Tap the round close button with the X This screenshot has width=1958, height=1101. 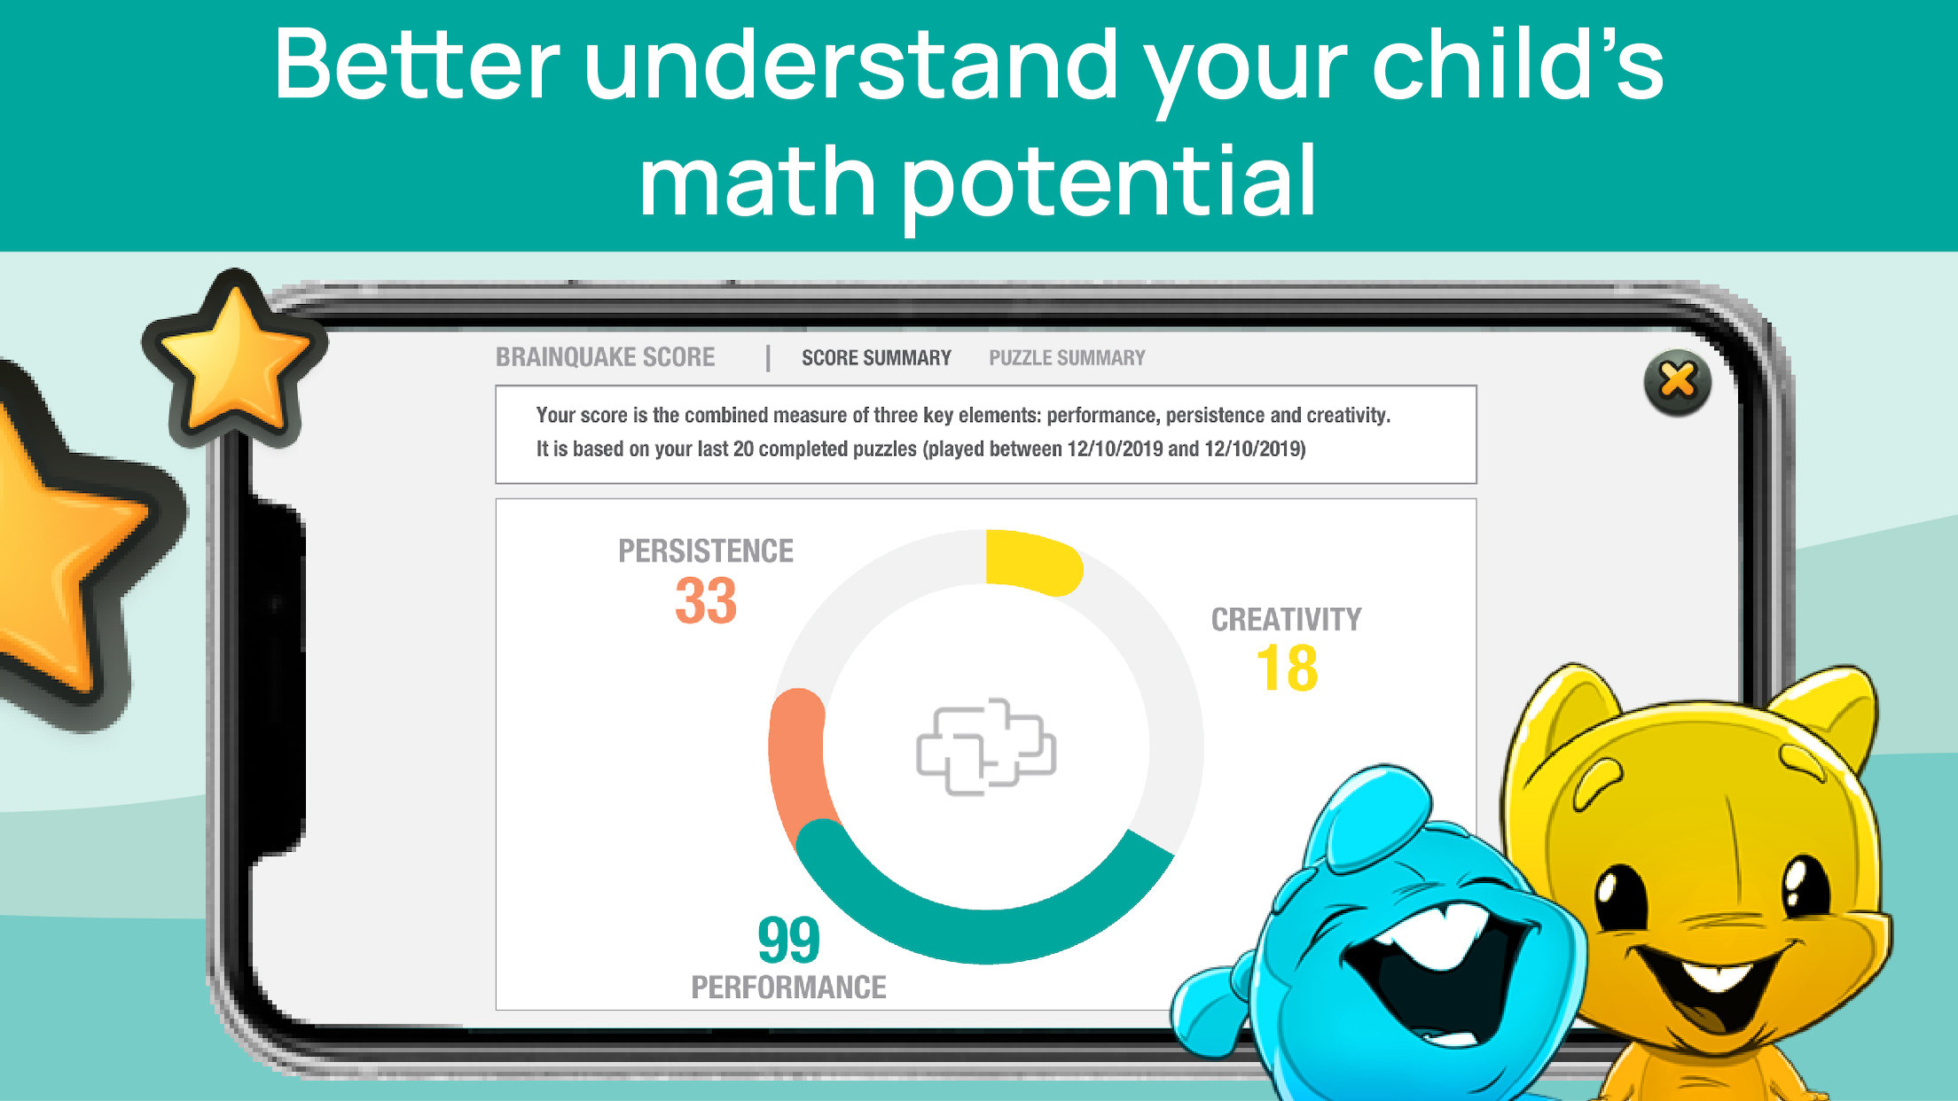[x=1677, y=383]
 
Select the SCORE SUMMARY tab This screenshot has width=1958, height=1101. [x=876, y=358]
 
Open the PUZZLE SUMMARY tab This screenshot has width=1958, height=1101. [x=1067, y=358]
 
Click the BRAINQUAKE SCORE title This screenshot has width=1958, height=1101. [x=605, y=357]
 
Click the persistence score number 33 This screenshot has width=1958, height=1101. [x=706, y=601]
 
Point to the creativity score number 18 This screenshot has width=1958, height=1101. [x=1287, y=668]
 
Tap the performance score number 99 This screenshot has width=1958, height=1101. [x=788, y=941]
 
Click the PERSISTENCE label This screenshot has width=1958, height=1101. [x=706, y=550]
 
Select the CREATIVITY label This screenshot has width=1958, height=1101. [x=1286, y=620]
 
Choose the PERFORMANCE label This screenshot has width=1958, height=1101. [x=788, y=988]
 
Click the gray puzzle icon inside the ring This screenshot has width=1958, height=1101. [x=986, y=747]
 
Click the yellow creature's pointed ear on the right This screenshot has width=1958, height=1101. [x=1827, y=718]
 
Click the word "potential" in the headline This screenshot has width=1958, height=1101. [x=1108, y=184]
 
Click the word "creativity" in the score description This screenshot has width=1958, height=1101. [x=1348, y=416]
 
